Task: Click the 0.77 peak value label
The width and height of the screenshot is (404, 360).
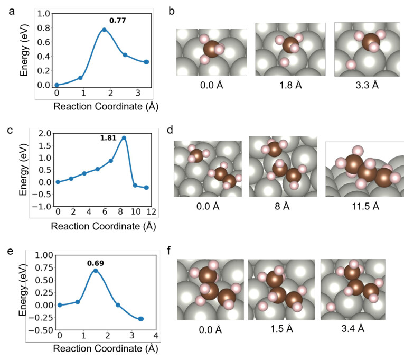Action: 117,20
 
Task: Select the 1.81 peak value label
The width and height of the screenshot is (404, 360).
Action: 108,138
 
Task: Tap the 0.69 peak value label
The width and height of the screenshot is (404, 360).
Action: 96,263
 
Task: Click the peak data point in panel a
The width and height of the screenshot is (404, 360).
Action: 104,30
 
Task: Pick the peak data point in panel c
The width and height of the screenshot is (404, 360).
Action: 124,137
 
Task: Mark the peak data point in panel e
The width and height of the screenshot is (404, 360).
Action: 96,271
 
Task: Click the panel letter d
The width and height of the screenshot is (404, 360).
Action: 170,130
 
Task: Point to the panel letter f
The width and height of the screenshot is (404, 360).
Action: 169,250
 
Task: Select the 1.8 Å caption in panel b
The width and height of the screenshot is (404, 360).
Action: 290,85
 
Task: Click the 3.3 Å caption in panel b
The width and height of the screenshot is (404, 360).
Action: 367,85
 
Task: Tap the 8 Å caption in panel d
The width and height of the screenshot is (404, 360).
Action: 282,206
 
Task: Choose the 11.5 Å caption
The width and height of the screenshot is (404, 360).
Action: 365,206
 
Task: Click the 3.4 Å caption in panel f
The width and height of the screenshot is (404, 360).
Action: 353,328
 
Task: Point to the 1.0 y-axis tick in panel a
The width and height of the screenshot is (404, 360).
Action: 43,13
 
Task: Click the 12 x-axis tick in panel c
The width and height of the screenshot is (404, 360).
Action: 151,212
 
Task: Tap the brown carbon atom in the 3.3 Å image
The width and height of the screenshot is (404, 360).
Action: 371,42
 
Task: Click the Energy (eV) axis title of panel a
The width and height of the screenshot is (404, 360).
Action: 24,51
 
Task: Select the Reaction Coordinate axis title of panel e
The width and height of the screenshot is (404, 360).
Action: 106,348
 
